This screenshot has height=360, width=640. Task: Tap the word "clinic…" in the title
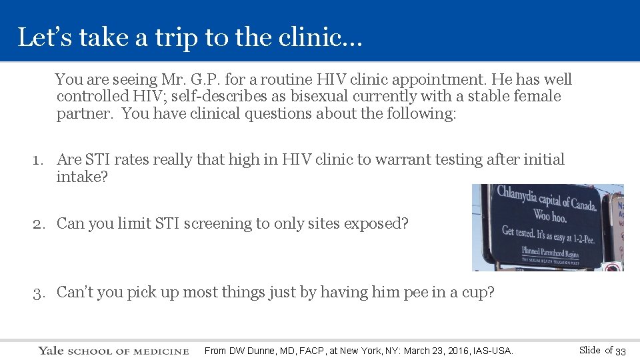pos(325,37)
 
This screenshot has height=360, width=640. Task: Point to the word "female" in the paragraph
pos(537,97)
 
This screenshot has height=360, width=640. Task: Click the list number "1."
pos(40,160)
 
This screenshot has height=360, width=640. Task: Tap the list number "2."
pos(40,224)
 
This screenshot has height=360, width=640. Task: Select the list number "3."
pos(40,292)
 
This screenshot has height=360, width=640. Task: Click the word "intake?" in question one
pos(81,177)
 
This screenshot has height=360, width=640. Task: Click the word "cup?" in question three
pos(479,292)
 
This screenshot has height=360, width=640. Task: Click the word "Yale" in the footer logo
pos(51,351)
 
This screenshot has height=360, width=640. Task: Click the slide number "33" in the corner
pos(620,351)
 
